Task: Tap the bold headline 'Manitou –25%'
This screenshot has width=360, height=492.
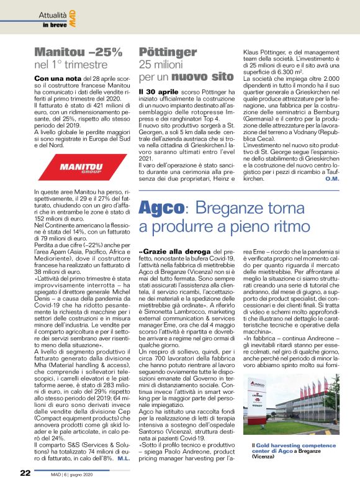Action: (78, 52)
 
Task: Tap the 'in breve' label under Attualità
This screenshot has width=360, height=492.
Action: (55, 25)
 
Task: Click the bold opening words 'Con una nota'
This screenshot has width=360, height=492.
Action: (56, 79)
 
